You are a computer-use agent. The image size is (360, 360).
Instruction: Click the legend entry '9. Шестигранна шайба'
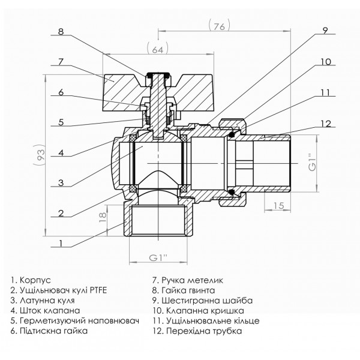(203, 300)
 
